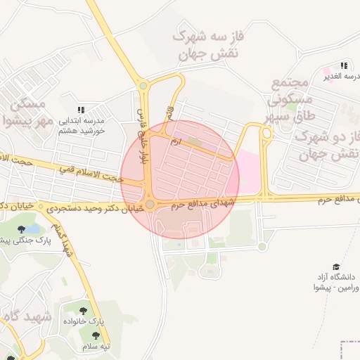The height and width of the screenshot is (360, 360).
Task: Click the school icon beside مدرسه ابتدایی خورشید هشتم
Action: point(81,110)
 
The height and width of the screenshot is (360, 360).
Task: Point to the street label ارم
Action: point(176,141)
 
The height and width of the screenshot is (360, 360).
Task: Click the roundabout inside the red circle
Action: point(150,205)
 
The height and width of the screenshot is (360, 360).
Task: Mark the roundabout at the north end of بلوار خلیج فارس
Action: point(143,86)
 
